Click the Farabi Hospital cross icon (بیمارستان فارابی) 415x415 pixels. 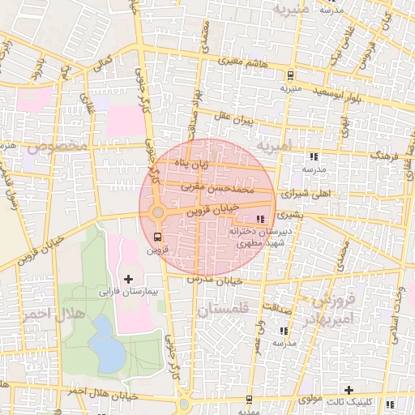[x=129, y=279]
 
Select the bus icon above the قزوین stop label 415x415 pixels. [x=156, y=237]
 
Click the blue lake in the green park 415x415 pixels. [x=106, y=340]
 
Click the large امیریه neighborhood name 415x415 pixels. [x=280, y=147]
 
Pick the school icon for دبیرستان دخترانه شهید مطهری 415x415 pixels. [x=259, y=219]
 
